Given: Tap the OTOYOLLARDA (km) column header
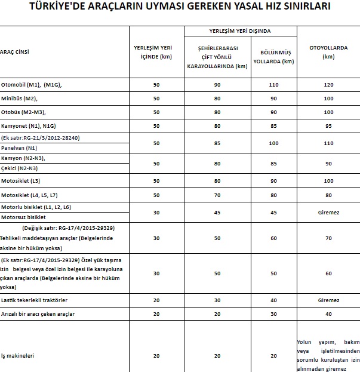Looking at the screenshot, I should click(x=328, y=52).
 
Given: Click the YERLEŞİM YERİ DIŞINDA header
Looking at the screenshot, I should click(x=240, y=30).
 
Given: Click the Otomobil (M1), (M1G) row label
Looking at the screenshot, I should click(x=32, y=85).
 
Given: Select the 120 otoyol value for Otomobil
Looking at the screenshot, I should click(x=328, y=85).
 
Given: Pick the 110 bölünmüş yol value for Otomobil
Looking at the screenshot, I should click(x=274, y=85).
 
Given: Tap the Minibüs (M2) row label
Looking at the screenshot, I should click(x=20, y=98).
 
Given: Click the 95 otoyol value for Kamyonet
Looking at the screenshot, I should click(x=328, y=126).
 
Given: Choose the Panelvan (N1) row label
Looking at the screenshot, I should click(x=19, y=147).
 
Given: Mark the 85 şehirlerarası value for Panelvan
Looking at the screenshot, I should click(x=217, y=143).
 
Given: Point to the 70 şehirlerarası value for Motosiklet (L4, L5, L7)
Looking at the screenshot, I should click(x=217, y=195).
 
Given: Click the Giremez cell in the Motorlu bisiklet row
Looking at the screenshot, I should click(x=328, y=211).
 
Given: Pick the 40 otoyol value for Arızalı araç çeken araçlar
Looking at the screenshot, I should click(x=328, y=313).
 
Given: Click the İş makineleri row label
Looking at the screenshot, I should click(x=19, y=355).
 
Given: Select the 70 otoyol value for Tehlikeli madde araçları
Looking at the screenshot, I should click(x=328, y=238).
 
